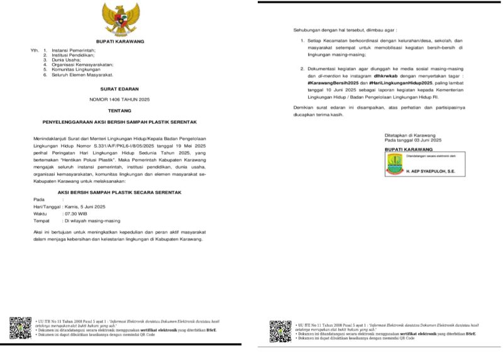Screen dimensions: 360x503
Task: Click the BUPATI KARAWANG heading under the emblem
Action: pyautogui.click(x=120, y=41)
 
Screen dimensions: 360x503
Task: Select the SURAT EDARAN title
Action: pyautogui.click(x=120, y=89)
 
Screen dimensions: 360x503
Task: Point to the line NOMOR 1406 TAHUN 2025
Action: pyautogui.click(x=120, y=99)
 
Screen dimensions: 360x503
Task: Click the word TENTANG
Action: pyautogui.click(x=120, y=110)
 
